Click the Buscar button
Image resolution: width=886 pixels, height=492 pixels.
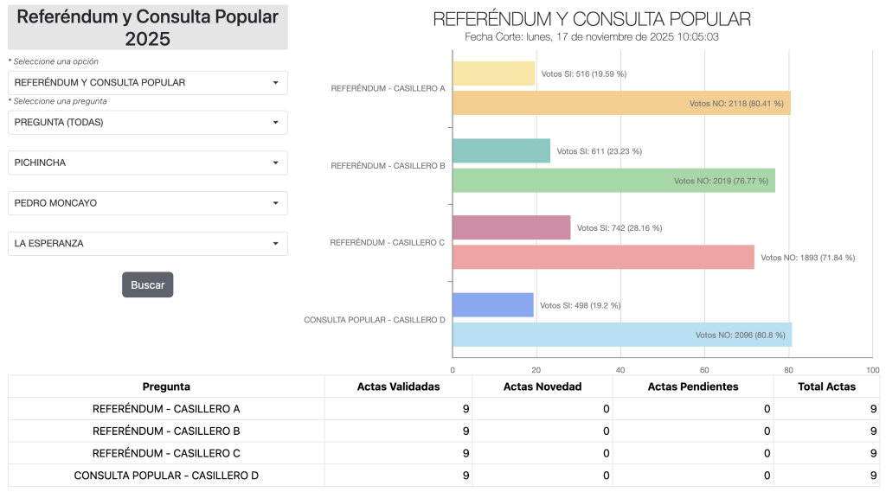pos(147,284)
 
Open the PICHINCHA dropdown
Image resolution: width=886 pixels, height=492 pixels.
pos(147,163)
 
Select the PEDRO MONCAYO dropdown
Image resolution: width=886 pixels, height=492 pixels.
pos(147,203)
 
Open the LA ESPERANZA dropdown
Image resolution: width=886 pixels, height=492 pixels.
pos(147,244)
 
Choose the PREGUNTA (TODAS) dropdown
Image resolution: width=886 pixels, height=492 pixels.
pos(147,123)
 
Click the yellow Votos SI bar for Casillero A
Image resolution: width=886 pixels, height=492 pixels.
pos(493,73)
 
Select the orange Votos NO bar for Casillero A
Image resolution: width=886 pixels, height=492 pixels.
pos(620,103)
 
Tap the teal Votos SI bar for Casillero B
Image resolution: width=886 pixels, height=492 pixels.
pos(501,150)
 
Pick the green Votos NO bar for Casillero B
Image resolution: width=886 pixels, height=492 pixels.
pos(613,181)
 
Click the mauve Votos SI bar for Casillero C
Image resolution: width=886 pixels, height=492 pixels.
pos(511,227)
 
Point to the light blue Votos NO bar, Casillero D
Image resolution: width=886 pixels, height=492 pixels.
pos(621,335)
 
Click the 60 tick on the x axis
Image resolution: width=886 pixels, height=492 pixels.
pos(704,370)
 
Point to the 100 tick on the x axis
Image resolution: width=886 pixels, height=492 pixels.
pos(872,370)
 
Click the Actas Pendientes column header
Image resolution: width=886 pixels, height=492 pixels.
pos(692,387)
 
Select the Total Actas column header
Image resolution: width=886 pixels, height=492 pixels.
pos(827,387)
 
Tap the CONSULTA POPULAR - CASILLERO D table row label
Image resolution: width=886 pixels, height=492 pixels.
pos(166,476)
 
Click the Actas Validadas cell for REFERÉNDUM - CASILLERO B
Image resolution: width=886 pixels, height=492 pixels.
pos(398,431)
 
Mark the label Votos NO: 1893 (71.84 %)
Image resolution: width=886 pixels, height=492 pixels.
pos(807,258)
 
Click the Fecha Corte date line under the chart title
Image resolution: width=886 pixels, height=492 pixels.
pos(591,37)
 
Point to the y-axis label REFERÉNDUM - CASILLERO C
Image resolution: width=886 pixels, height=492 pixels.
pos(387,243)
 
